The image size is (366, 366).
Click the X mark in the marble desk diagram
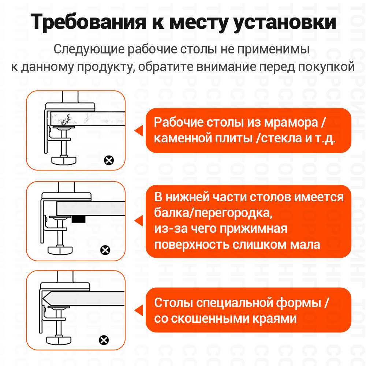109,160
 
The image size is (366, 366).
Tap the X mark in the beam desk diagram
105,250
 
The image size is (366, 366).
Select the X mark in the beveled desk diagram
104,340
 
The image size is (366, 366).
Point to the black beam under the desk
78,219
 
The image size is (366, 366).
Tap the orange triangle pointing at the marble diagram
138,130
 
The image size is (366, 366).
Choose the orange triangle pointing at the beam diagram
138,221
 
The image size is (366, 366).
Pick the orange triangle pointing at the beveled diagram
138,311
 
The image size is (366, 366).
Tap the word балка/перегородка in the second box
214,213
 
